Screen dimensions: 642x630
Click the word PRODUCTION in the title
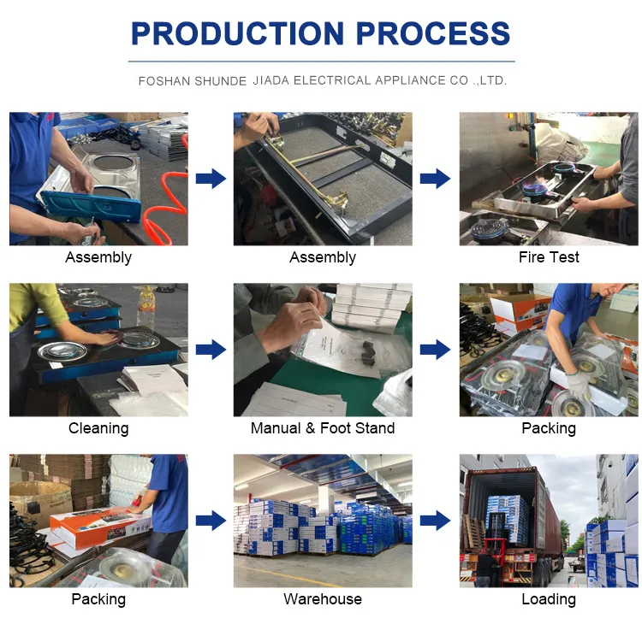click(x=237, y=33)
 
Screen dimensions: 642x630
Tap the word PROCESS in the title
click(x=433, y=33)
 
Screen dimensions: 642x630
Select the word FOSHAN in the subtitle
click(x=164, y=81)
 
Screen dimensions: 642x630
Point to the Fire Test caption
click(x=549, y=257)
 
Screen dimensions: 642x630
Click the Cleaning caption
click(x=98, y=428)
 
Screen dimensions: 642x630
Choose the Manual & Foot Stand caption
click(x=323, y=428)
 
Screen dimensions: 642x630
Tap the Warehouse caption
click(x=323, y=599)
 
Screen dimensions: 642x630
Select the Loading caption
click(x=549, y=599)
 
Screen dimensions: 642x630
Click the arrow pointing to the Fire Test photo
click(x=435, y=179)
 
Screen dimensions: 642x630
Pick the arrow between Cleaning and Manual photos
click(x=211, y=350)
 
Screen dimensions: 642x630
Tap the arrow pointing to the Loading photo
click(x=435, y=521)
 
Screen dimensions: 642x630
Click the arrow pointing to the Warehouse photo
click(x=211, y=521)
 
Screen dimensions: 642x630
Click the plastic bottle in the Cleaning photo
click(x=146, y=309)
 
